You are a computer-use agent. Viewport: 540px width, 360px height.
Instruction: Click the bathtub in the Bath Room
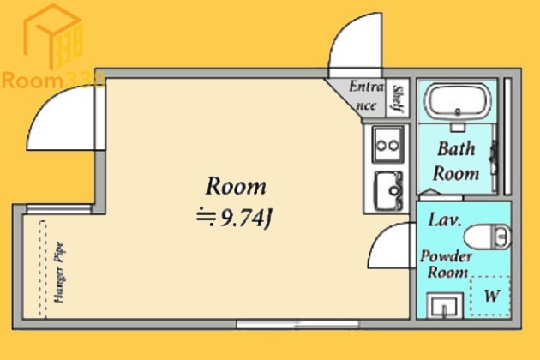[458, 101]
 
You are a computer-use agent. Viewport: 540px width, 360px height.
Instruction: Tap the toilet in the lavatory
[487, 237]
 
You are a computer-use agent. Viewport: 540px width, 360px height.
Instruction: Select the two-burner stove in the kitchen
[387, 145]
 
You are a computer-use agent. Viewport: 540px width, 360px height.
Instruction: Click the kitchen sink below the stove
[388, 190]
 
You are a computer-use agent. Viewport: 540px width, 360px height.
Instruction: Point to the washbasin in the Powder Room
[445, 305]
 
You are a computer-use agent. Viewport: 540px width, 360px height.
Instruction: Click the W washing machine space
[490, 296]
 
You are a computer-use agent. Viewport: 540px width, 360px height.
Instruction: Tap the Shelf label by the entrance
[398, 99]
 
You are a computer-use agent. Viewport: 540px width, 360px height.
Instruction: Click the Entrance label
[367, 95]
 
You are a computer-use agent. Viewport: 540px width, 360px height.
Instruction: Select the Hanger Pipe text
[59, 273]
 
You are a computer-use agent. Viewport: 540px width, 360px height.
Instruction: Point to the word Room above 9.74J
[236, 186]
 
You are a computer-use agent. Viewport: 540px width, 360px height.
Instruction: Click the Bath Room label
[456, 161]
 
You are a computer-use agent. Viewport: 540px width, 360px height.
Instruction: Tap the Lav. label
[445, 220]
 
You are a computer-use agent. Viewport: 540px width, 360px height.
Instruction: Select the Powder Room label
[446, 264]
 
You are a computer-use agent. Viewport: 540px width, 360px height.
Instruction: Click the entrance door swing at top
[356, 45]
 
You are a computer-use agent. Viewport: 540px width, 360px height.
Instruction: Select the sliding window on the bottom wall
[297, 324]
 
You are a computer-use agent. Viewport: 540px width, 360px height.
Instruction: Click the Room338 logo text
[53, 81]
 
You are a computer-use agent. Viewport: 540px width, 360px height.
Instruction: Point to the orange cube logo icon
[53, 36]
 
